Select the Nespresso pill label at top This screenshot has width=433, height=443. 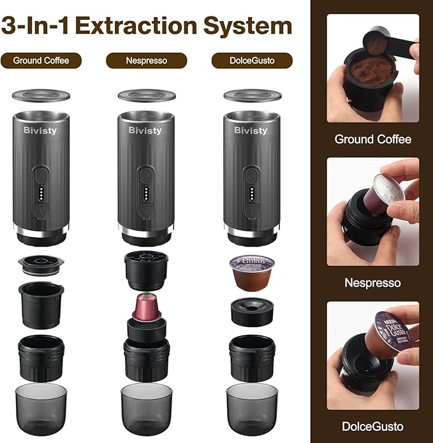(x=147, y=61)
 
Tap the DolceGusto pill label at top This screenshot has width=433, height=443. (x=252, y=61)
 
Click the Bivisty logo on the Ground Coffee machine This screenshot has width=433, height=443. (x=41, y=130)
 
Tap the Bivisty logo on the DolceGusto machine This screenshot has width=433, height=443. (x=251, y=130)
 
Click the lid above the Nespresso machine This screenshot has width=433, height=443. (x=147, y=95)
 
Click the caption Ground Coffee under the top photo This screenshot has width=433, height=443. (x=373, y=139)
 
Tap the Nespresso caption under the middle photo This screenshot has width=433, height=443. (x=373, y=282)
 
